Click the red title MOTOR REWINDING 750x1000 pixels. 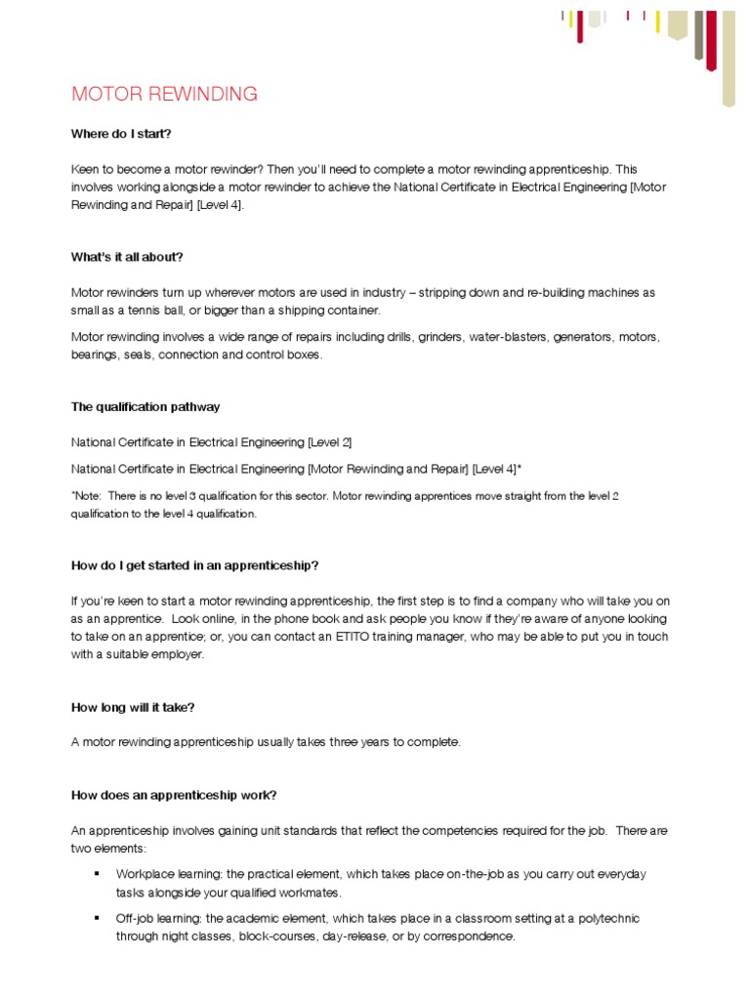click(164, 95)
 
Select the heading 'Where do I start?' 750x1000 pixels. click(121, 134)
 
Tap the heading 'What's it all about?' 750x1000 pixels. click(127, 257)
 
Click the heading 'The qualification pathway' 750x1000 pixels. click(146, 407)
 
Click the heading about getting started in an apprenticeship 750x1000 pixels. click(195, 565)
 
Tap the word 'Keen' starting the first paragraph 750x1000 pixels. click(86, 169)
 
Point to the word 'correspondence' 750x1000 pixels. click(468, 937)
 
